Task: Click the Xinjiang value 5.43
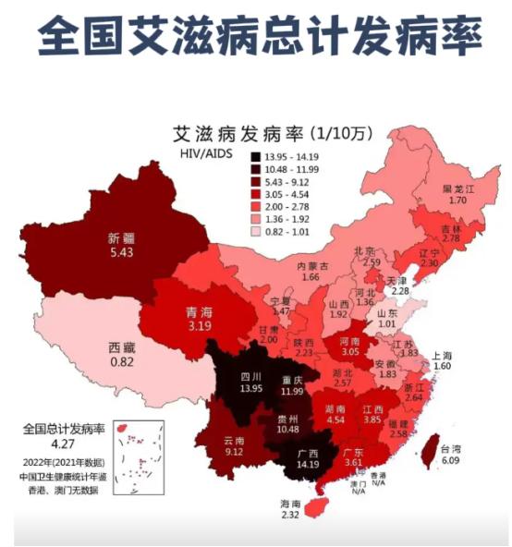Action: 122,250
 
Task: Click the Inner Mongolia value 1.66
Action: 311,277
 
